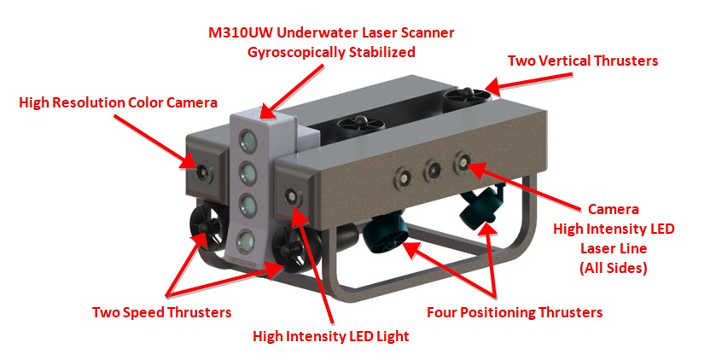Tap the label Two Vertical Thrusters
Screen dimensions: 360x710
pos(582,61)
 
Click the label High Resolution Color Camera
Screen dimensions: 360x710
pos(118,102)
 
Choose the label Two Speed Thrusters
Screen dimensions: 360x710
pos(161,312)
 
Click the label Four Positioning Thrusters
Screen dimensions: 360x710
pos(515,312)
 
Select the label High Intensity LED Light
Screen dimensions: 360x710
pos(330,336)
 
